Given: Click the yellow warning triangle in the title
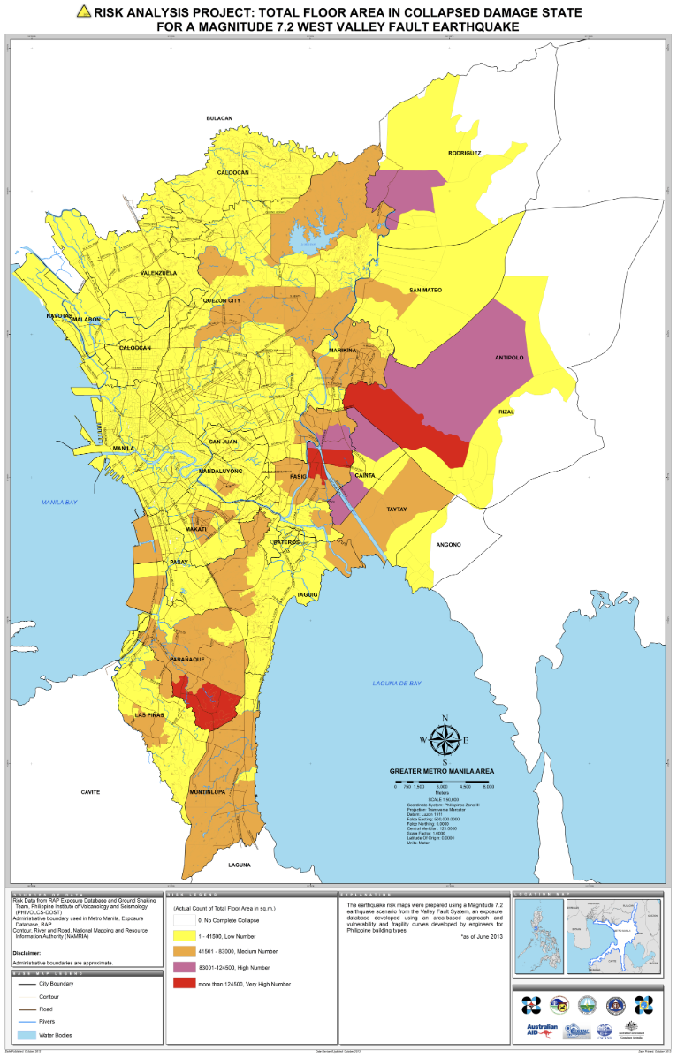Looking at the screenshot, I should pos(84,11).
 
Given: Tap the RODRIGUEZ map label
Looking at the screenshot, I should pos(464,153).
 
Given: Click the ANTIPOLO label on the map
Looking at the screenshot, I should pos(508,358).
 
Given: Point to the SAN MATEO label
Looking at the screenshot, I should pos(425,290).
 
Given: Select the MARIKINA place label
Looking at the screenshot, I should pos(342,351).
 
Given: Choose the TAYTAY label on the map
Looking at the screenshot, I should pos(397,510).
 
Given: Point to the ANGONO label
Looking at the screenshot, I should pos(449,545).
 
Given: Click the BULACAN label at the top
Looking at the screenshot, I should pos(218,117).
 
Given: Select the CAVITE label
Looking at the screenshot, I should pos(91,792).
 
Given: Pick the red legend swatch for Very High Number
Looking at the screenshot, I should pos(184,983).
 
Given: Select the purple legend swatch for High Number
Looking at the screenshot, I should pos(184,964).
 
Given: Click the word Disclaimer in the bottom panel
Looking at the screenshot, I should pos(31,953).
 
